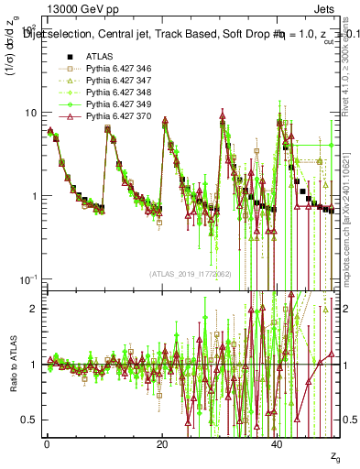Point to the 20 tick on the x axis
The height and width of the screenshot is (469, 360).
[x=162, y=443]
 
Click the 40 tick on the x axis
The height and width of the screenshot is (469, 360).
[x=278, y=443]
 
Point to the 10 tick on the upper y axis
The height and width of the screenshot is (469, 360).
[x=30, y=112]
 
